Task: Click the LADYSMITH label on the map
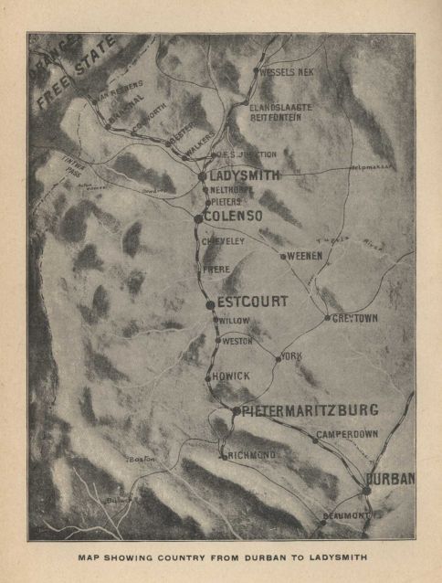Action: tap(245, 175)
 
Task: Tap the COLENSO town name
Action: tap(233, 216)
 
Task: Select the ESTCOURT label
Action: tap(253, 302)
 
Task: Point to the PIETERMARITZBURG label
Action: tap(310, 409)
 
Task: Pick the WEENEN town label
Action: tap(305, 257)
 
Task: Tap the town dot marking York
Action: tap(278, 358)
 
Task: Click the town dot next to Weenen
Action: tap(283, 257)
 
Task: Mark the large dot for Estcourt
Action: tap(210, 304)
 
